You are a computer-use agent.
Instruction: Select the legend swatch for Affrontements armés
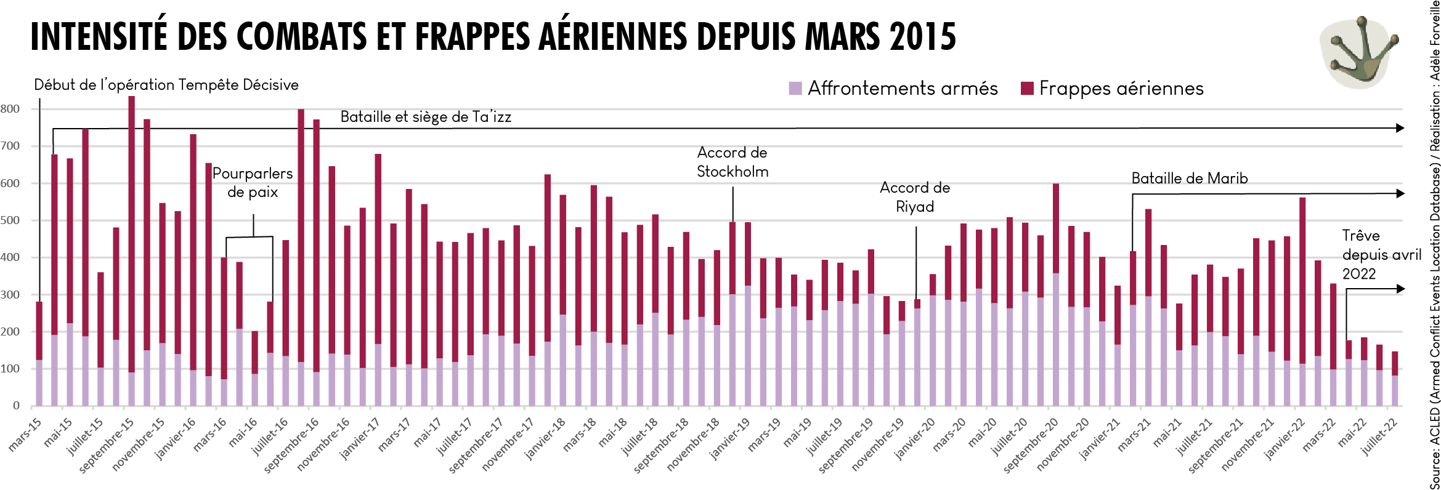(x=795, y=89)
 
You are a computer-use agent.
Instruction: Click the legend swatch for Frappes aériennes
(x=1026, y=89)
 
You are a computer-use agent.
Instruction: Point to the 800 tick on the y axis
(x=10, y=109)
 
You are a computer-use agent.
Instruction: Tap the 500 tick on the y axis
(x=10, y=220)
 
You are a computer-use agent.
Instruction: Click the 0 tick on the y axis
(x=16, y=406)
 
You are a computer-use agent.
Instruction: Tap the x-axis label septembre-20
(x=1030, y=444)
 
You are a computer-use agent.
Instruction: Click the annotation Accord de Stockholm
(x=733, y=162)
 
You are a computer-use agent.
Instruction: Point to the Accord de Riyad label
(x=915, y=197)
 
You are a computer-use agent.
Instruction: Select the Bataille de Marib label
(x=1189, y=179)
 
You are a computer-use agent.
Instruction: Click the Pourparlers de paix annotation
(x=253, y=182)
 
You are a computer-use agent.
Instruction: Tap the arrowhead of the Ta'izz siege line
(x=1400, y=128)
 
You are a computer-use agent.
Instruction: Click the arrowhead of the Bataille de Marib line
(x=1400, y=193)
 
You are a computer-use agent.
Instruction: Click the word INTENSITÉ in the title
(x=99, y=37)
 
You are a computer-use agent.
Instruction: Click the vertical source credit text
(x=1435, y=246)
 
